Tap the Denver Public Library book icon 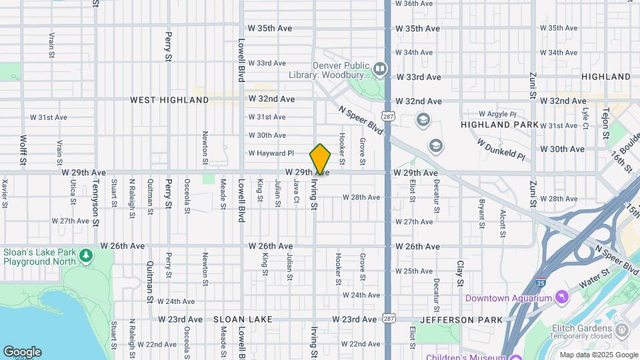pos(380,68)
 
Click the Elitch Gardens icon pos(622,329)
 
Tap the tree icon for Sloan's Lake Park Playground pos(85,255)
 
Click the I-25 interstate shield pos(541,283)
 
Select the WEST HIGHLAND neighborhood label pos(169,100)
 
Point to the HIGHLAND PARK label pos(499,125)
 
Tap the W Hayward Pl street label pos(271,153)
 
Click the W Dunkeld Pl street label pos(501,148)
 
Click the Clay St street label pos(460,274)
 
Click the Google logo pos(22,352)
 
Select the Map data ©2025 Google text pos(599,355)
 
